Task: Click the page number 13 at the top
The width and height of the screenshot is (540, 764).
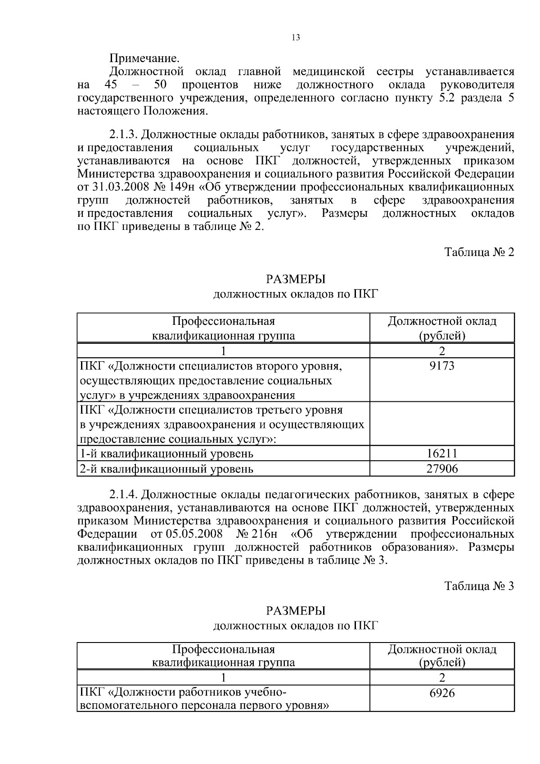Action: pos(295,38)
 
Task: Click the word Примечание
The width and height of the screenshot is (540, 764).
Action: pos(144,58)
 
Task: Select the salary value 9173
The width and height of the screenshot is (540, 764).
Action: pos(441,366)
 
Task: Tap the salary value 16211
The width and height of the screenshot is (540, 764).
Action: pos(441,453)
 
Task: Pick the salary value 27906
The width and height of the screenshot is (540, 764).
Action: pos(441,469)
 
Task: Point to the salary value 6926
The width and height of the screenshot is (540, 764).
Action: pos(441,693)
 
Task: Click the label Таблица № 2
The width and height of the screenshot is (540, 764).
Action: pos(479,252)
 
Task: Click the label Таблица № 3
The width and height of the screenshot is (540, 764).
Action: pos(479,586)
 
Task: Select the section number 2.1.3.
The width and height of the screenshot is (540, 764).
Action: pos(124,135)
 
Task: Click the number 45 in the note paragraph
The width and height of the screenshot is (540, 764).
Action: pos(111,85)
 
